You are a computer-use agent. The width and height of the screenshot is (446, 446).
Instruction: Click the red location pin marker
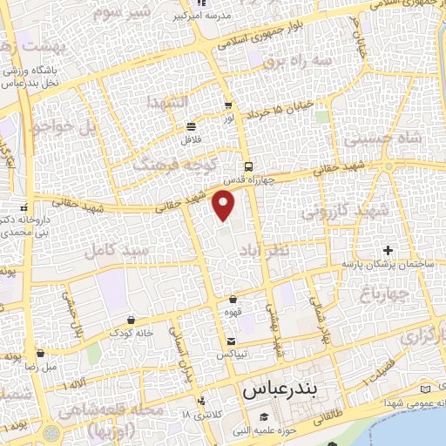click(224, 206)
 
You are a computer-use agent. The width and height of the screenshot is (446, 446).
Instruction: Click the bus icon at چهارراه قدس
click(249, 166)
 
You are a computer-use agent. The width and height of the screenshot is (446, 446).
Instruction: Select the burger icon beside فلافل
click(191, 125)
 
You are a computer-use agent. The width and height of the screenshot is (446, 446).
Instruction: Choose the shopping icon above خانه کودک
click(131, 320)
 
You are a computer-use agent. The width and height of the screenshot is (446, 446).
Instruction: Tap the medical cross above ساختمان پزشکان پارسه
click(389, 251)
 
